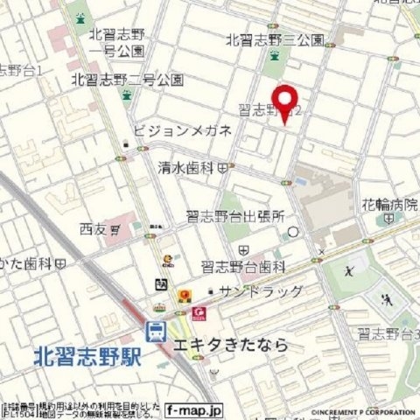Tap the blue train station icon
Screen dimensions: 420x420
[x=156, y=331]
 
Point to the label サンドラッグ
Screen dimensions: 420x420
[x=261, y=291]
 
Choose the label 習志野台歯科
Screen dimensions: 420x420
[x=243, y=265]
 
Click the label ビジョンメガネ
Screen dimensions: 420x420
[x=182, y=131]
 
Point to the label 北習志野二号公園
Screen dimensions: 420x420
[x=128, y=80]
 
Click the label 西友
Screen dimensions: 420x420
[x=93, y=229]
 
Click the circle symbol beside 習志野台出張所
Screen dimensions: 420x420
[x=294, y=232]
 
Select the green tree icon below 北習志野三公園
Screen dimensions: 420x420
[x=274, y=58]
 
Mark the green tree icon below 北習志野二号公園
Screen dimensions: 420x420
[x=129, y=96]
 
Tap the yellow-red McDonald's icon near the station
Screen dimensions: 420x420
[x=184, y=296]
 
